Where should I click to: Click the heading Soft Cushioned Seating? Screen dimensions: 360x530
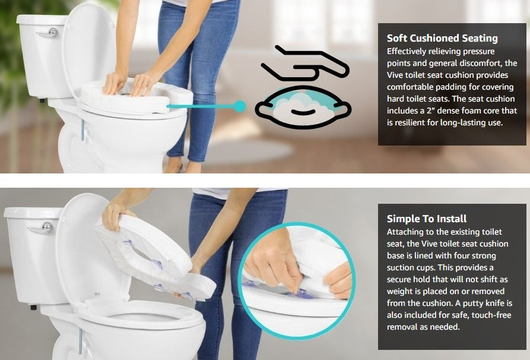(442, 39)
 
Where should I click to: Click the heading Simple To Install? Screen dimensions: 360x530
(427, 219)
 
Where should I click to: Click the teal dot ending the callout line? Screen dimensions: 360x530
(239, 106)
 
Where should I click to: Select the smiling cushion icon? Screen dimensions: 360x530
(303, 108)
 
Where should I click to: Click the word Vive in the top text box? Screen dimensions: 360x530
(396, 75)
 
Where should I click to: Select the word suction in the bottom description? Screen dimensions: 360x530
(401, 268)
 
